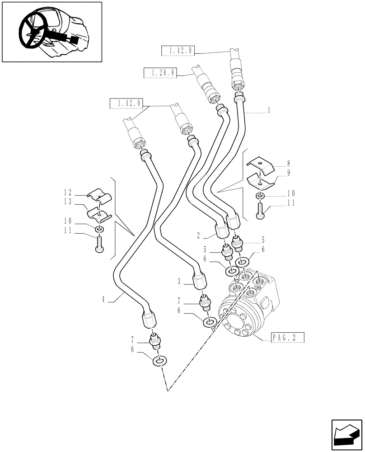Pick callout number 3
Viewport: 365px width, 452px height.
[179, 281]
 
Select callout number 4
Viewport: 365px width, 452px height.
[104, 298]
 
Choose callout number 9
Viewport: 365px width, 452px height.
[288, 173]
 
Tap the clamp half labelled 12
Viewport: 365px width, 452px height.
[99, 195]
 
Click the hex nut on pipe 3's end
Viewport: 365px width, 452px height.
[199, 282]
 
